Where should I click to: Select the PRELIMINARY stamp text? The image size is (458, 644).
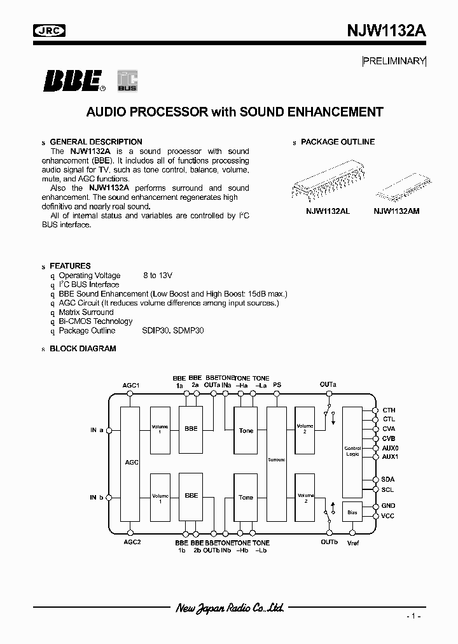click(x=394, y=61)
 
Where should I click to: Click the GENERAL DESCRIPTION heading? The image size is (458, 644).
click(x=95, y=142)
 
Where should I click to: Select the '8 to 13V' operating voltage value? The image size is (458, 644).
click(x=158, y=276)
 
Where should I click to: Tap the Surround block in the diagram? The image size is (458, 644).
click(x=277, y=459)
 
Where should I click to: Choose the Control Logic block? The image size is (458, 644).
click(x=352, y=451)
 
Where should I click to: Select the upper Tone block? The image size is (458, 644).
click(x=246, y=431)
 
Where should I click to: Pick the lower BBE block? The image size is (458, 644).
click(x=191, y=495)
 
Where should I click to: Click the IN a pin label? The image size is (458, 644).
click(x=97, y=430)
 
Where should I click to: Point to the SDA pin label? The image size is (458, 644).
click(x=387, y=479)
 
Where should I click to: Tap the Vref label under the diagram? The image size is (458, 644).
click(x=353, y=542)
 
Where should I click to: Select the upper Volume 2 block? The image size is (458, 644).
click(x=305, y=430)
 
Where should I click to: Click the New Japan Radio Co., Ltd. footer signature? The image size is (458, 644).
click(x=229, y=608)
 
